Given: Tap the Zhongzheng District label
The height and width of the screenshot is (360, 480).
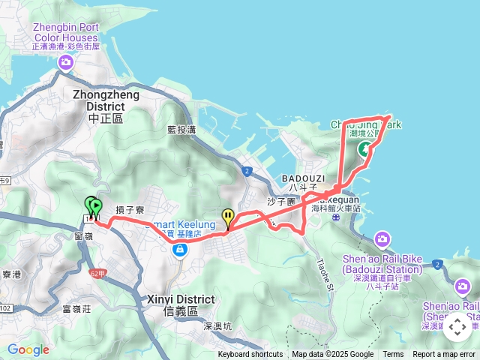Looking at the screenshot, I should [103, 106].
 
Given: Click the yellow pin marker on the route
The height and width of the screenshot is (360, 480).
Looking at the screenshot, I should [228, 218].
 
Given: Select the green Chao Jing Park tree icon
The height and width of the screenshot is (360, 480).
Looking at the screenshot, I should [364, 148].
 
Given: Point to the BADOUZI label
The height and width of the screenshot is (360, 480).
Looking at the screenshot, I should [304, 178].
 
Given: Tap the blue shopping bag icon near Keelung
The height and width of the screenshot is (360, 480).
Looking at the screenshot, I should [180, 250].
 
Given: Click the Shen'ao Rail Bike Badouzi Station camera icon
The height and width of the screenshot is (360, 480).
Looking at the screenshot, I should [382, 240].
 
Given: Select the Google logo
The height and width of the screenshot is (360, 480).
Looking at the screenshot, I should [28, 349].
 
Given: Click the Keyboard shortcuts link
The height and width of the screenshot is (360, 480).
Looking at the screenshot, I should [250, 355].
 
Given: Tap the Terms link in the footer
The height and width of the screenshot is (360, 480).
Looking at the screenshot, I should [393, 355].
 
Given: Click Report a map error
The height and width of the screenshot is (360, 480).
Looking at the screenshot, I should [444, 355].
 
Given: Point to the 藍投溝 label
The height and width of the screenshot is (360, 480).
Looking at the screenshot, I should [181, 130].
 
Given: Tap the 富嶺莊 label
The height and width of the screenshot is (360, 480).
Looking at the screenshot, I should [76, 308].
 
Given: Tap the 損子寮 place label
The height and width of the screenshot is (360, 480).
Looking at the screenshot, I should [130, 211].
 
